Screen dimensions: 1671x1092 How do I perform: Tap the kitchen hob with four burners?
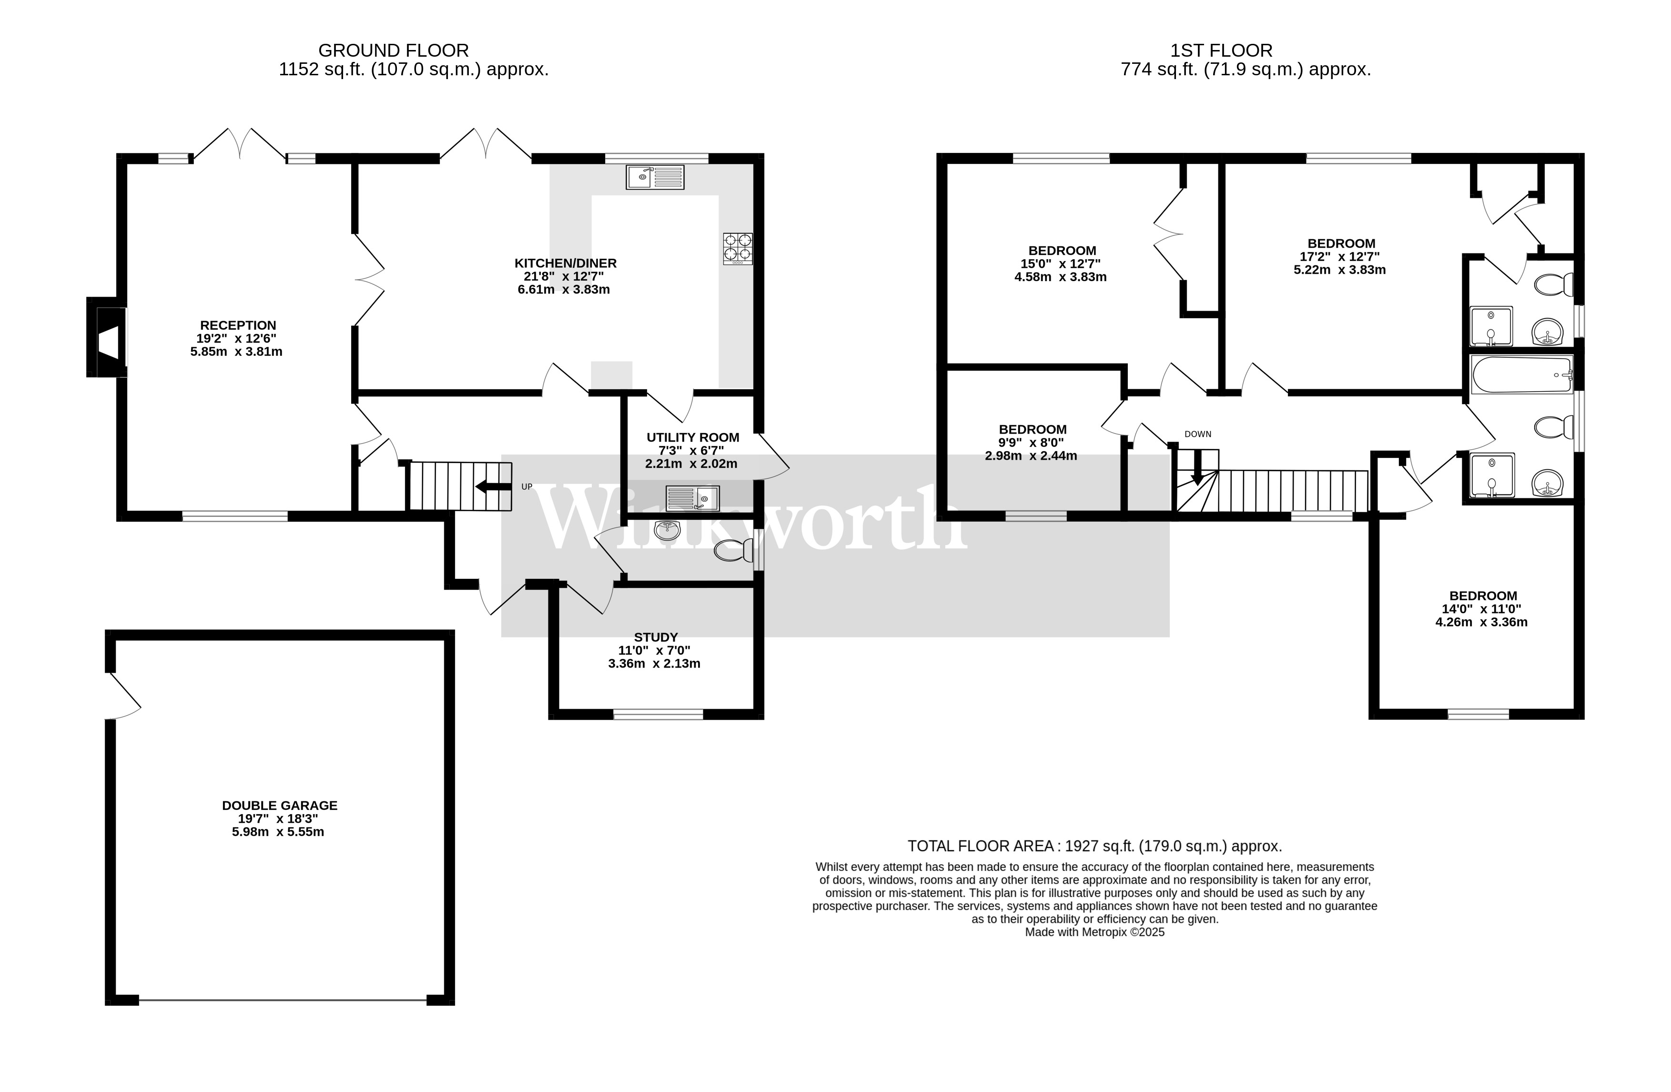click(738, 249)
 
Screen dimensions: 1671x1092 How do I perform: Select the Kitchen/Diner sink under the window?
click(655, 177)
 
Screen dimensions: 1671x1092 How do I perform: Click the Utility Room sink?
click(693, 499)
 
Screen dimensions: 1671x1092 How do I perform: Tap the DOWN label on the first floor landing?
click(1198, 434)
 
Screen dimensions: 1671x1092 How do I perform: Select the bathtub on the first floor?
click(1521, 375)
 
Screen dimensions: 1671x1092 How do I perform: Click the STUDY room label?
click(656, 637)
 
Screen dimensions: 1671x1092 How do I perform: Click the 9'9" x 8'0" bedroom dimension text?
click(1032, 443)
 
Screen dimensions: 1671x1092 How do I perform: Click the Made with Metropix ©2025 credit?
click(1094, 932)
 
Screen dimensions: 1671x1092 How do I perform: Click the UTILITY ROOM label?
click(693, 437)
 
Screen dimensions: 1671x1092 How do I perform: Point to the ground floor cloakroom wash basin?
click(667, 530)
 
